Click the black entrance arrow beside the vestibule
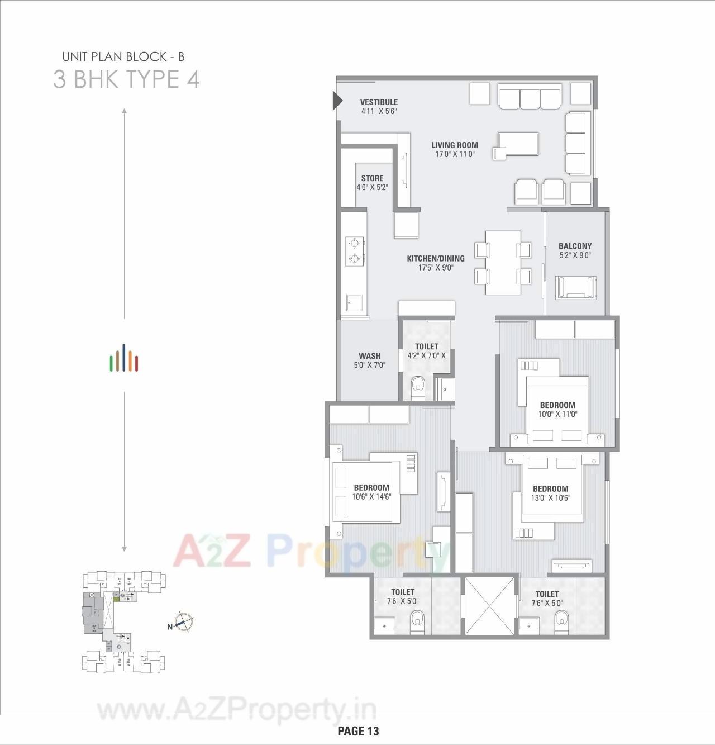pos(337,101)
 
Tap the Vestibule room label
pos(379,102)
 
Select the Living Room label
pos(455,145)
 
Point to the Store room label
pos(372,178)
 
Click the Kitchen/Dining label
pos(435,259)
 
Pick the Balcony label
pos(575,246)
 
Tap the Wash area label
pos(369,355)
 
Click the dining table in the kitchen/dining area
pos(503,262)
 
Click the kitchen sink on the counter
pos(355,303)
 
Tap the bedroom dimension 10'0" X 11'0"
pos(557,414)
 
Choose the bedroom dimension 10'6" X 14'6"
pos(371,496)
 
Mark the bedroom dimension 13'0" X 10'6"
pos(550,497)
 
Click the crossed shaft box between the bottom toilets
pos(488,606)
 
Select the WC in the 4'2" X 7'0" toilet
pos(418,387)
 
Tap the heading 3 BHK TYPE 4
pos(126,79)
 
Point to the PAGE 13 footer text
pos(358,730)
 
